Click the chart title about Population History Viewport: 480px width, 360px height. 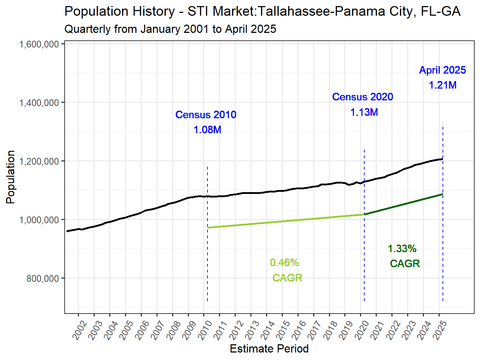tap(262, 11)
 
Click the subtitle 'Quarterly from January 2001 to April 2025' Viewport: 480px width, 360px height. tap(170, 29)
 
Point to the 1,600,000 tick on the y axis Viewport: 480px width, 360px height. tap(39, 44)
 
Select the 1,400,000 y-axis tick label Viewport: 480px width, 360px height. tap(39, 103)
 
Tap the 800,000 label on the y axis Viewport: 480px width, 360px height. tap(43, 279)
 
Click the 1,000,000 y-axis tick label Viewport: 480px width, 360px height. tap(39, 220)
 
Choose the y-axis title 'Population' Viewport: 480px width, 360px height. tap(11, 177)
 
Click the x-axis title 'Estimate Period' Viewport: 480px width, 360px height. tap(269, 349)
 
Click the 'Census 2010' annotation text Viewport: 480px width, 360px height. tap(206, 115)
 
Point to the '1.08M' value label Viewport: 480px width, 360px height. tap(207, 130)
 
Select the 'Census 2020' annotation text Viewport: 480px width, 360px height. tap(362, 97)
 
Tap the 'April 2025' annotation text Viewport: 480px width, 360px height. tap(442, 70)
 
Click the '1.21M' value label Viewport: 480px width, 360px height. tap(442, 85)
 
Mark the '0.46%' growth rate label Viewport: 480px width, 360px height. tap(284, 262)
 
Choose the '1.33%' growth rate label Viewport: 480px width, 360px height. tap(402, 249)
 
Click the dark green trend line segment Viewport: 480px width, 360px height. tap(404, 204)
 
